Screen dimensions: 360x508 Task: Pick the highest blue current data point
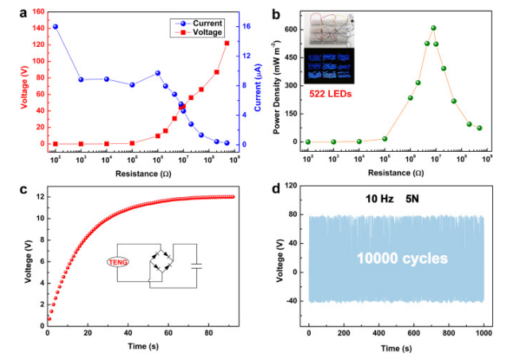55,26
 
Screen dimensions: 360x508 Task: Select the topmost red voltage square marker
227,43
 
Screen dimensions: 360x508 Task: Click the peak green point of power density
433,28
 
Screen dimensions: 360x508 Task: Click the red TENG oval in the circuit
118,261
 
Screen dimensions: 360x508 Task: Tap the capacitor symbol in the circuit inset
197,265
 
